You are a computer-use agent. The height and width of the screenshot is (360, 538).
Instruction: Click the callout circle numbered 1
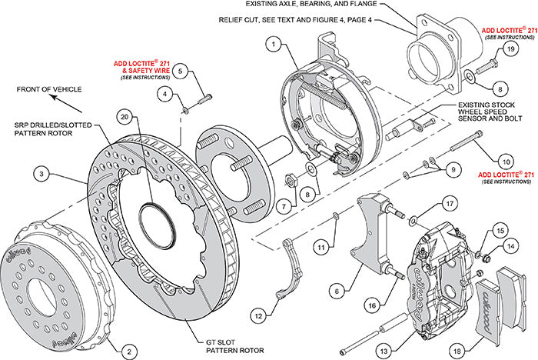coord(272,45)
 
